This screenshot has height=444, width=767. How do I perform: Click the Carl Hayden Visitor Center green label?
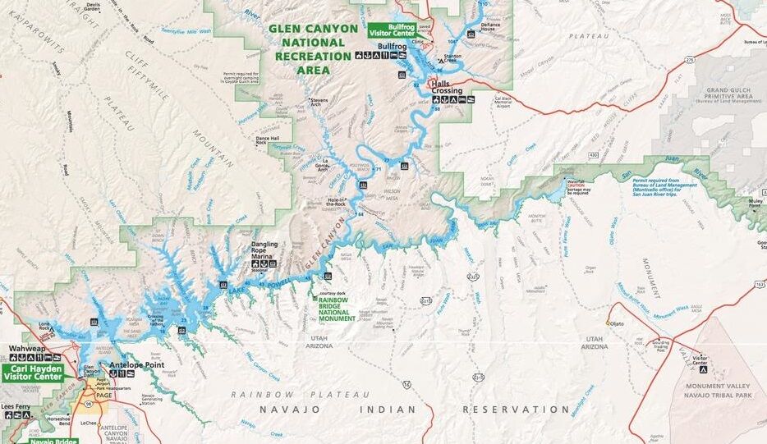point(33,373)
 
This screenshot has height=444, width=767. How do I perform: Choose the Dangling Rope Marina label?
point(264,249)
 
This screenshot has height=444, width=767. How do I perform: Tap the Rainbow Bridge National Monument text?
point(337,309)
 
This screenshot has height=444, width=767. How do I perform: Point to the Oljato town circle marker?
point(609,323)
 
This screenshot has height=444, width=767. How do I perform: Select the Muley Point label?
point(755,203)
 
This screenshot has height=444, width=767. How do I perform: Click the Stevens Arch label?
point(319,104)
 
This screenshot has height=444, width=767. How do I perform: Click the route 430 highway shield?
point(592,154)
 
